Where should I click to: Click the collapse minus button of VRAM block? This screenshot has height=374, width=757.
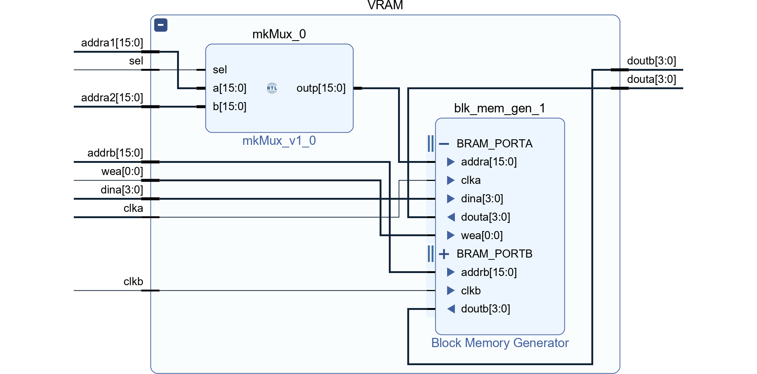[161, 25]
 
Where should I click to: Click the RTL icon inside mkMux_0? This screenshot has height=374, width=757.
[272, 88]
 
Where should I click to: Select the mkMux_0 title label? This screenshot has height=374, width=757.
[279, 34]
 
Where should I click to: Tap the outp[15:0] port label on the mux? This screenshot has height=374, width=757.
[321, 88]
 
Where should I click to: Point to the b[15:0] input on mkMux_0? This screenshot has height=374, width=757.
[229, 106]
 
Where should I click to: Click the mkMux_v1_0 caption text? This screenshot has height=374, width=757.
[279, 141]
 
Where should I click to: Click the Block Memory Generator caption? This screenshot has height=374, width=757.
[500, 343]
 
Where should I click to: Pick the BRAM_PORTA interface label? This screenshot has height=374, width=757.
[494, 143]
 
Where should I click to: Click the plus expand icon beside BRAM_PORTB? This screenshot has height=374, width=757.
[444, 254]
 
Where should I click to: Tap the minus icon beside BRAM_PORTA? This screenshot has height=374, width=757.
[444, 144]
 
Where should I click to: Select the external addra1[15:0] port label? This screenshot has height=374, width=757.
[112, 43]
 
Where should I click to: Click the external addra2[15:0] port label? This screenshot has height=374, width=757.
[112, 98]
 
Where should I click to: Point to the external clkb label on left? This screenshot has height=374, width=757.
[133, 282]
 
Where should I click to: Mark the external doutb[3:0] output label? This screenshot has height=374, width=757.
[651, 61]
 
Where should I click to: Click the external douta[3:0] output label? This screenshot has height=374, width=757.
[651, 79]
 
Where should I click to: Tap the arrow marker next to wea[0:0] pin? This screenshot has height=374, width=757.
[450, 235]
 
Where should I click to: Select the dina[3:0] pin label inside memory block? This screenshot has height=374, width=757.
[482, 199]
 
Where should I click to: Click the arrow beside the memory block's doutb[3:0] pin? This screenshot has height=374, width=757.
[451, 309]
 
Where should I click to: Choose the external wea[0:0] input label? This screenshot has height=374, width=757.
[122, 171]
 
